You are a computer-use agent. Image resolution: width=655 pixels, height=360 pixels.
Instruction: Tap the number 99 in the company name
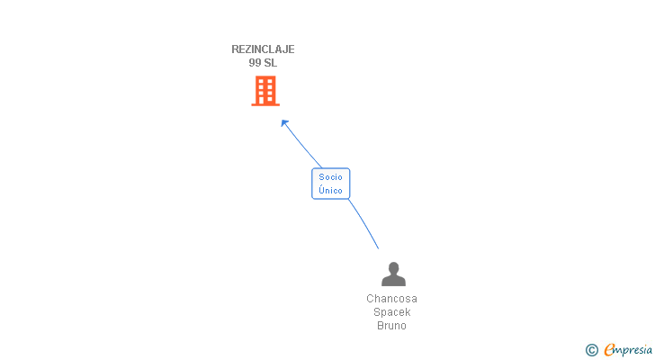point(255,63)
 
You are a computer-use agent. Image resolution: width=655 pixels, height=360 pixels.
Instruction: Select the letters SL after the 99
point(270,63)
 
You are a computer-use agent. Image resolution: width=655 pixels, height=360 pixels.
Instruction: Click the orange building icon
point(265,91)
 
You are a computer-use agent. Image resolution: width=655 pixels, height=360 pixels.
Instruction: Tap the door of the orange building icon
point(265,101)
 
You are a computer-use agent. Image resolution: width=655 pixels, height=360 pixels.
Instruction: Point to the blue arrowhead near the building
point(284,123)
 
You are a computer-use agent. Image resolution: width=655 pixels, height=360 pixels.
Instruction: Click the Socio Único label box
point(330,184)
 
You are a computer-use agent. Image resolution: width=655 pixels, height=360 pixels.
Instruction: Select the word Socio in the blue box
point(330,177)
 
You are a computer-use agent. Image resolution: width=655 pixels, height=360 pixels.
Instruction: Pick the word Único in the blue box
point(330,191)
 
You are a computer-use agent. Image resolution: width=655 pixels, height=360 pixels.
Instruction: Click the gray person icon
point(393,274)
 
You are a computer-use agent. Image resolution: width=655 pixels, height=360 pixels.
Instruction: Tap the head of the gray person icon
point(393,268)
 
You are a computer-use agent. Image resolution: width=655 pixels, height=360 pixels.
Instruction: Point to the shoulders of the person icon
point(393,281)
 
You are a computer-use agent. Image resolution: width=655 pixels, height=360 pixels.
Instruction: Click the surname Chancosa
point(391,299)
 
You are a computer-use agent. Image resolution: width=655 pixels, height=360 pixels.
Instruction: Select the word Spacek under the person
point(391,312)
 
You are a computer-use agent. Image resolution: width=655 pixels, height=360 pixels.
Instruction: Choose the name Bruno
point(391,326)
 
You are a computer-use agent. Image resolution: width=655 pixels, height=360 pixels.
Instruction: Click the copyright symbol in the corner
point(591,350)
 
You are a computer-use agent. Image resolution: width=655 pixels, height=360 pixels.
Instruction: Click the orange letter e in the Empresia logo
point(609,350)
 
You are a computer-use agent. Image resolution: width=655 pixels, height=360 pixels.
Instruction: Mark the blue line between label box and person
point(363,222)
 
